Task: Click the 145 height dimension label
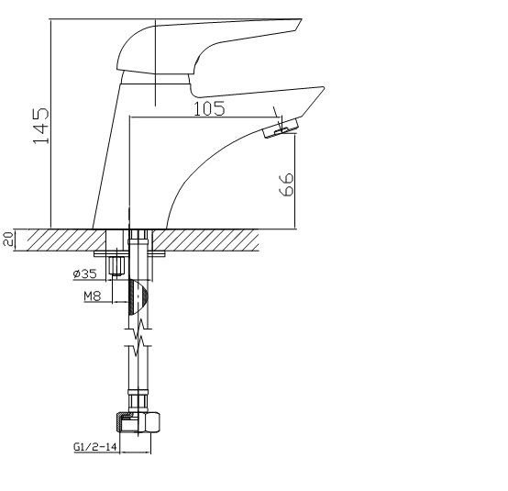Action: (x=41, y=126)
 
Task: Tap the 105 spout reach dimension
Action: (x=209, y=108)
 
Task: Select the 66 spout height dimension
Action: (x=286, y=184)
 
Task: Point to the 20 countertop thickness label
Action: (x=9, y=239)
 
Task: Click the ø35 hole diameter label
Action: (x=85, y=274)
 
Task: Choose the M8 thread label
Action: (x=93, y=296)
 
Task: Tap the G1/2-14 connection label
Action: (x=95, y=447)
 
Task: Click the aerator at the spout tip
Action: (x=281, y=128)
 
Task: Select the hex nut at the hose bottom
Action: (x=138, y=422)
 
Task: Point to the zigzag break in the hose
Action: (x=138, y=338)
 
